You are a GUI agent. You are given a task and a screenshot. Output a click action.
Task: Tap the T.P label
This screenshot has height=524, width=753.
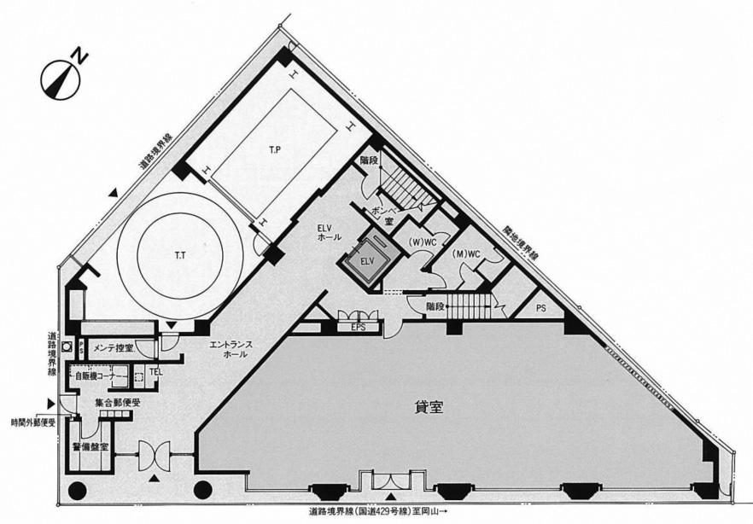(x=275, y=151)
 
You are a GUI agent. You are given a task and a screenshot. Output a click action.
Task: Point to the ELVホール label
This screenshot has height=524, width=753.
(x=330, y=231)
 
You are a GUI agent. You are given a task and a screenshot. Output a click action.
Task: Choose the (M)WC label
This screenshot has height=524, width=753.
(x=469, y=253)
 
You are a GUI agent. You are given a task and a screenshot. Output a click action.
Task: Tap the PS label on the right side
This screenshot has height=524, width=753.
(x=542, y=306)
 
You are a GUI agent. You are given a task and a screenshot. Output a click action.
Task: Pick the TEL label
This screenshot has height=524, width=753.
(x=155, y=372)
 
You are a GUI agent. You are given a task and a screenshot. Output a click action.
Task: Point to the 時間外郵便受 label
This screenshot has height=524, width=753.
(x=32, y=422)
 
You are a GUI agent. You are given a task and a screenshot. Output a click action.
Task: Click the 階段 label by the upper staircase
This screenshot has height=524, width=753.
(x=370, y=160)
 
